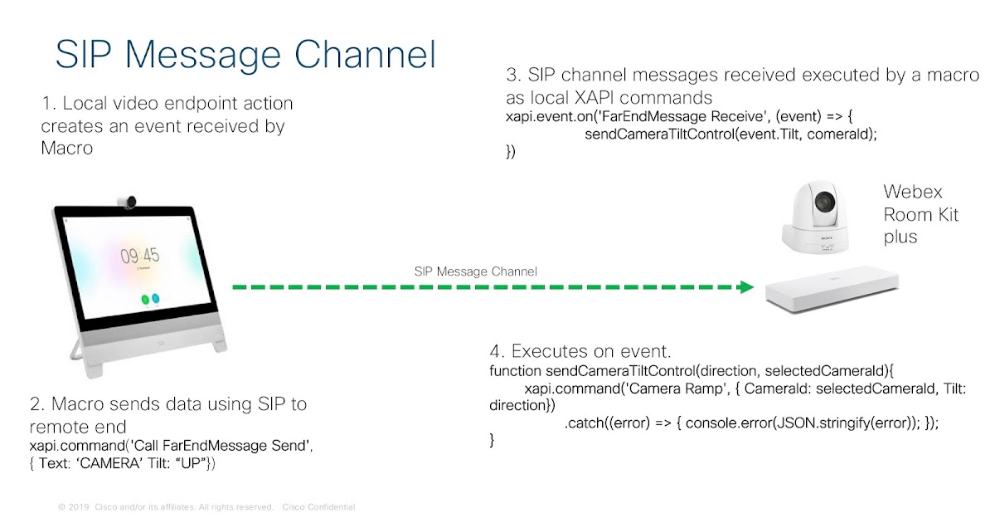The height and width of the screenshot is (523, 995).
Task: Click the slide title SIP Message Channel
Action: click(x=245, y=53)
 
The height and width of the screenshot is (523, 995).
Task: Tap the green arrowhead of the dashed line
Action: click(x=746, y=286)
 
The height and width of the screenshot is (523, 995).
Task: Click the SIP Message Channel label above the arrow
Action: click(x=475, y=271)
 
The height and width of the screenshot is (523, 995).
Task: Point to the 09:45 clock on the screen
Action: click(x=139, y=256)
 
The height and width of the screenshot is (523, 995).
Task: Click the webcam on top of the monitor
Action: click(x=127, y=201)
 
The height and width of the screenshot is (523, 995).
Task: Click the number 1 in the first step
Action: click(x=46, y=105)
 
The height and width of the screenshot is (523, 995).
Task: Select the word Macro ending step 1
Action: click(x=67, y=148)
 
